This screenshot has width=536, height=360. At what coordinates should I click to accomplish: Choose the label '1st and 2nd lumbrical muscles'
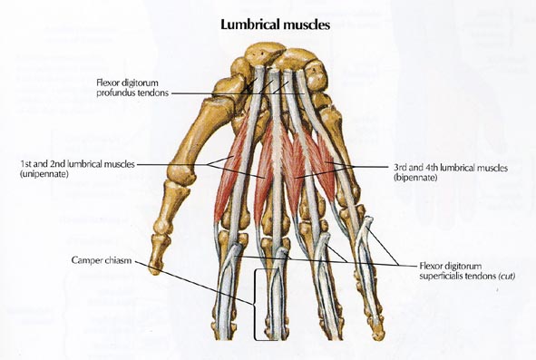click(77, 163)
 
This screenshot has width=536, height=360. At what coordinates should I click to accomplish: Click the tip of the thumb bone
click(155, 268)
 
